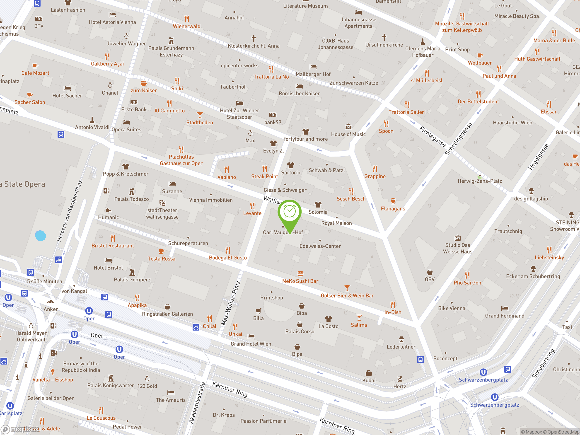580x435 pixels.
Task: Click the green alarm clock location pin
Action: (290, 212)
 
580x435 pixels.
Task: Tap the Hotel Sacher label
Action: (67, 96)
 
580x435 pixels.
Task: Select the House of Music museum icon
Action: (348, 127)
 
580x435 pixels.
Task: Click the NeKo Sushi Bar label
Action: (300, 281)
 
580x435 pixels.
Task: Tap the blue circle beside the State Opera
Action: (40, 235)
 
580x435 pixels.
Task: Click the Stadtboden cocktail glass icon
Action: (200, 115)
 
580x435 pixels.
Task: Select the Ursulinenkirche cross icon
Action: (384, 37)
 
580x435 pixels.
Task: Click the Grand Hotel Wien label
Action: (251, 344)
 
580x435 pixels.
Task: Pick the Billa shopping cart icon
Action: (258, 311)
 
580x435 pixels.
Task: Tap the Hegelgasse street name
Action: (538, 157)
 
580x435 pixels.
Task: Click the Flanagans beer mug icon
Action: (393, 201)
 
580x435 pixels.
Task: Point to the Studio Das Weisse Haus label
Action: (458, 248)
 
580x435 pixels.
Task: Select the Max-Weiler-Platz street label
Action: (231, 303)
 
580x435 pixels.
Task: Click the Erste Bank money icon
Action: (134, 102)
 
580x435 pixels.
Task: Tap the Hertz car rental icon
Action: (400, 379)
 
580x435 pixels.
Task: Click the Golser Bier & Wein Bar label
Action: (347, 295)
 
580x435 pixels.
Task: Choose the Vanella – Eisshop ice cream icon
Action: (53, 372)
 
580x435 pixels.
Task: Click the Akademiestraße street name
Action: (197, 403)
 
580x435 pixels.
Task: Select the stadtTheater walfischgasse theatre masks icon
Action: (162, 203)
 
